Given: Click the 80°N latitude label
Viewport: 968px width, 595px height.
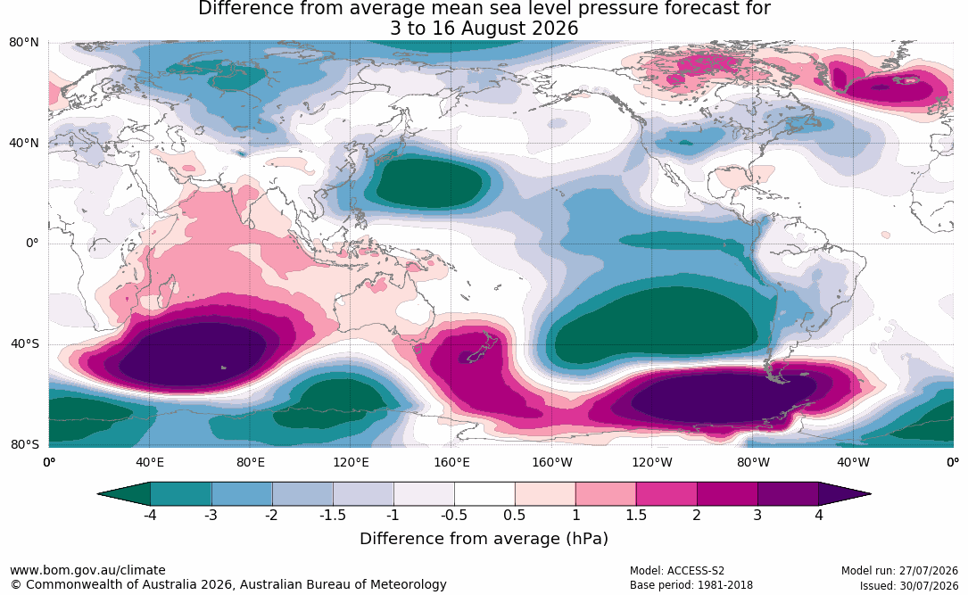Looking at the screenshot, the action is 23,43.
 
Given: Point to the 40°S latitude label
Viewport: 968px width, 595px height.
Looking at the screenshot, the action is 25,343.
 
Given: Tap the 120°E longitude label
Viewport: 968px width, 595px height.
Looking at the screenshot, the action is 351,462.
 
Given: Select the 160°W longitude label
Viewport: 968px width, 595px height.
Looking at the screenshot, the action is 552,462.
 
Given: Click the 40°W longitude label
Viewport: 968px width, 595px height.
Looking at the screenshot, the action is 853,462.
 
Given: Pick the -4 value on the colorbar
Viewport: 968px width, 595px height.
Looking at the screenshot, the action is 149,515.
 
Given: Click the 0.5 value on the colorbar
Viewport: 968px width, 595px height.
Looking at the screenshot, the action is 514,515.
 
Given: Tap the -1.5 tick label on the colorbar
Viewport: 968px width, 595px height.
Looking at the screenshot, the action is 332,515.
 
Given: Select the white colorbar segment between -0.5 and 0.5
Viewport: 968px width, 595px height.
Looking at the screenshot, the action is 484,494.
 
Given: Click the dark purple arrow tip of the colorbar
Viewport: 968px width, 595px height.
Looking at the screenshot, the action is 845,494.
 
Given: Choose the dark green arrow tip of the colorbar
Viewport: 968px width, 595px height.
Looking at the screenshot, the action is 124,494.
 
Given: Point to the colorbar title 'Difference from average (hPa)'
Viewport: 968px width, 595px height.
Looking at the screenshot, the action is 484,539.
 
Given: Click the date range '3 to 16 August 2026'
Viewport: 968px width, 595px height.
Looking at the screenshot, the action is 484,29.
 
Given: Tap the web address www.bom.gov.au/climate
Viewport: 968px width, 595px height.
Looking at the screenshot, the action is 87,570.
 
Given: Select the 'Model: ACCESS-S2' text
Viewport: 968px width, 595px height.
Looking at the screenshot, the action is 676,571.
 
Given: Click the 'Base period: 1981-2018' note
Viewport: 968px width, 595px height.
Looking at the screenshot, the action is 691,585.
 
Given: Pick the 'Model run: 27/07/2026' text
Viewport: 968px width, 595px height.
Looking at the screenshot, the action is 899,571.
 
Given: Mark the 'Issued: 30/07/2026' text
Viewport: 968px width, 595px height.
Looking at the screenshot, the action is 909,585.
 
